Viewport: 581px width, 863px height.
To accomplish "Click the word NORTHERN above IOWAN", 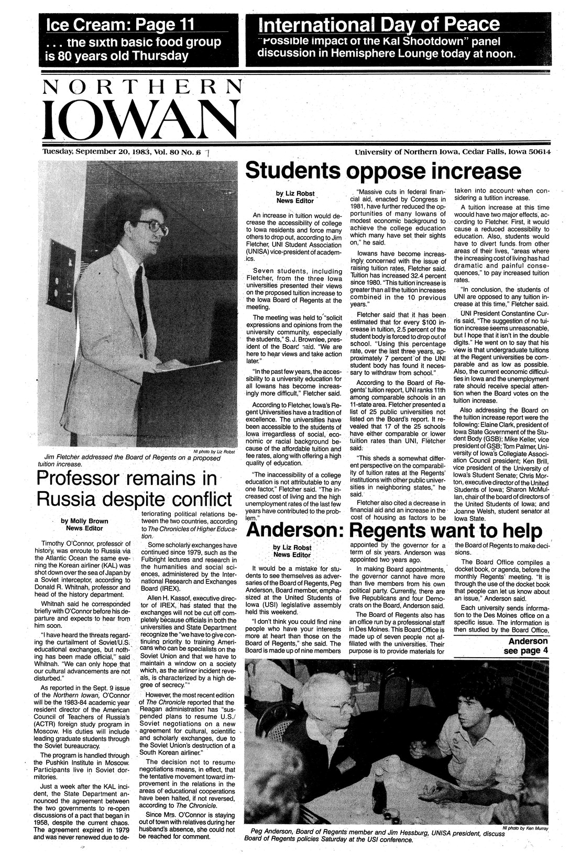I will (x=142, y=86).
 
